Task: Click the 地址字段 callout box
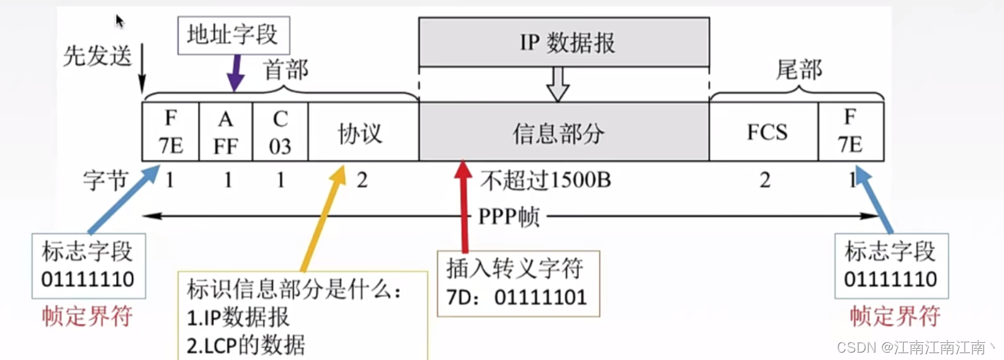(233, 35)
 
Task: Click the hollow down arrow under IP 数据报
(557, 84)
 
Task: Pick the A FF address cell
(225, 132)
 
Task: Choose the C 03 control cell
(280, 132)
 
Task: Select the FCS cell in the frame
(766, 133)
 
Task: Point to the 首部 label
(286, 70)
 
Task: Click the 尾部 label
(799, 69)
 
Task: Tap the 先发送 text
(97, 56)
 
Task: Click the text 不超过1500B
(546, 180)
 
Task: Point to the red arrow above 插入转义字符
(464, 205)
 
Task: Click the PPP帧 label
(509, 217)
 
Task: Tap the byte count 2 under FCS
(765, 180)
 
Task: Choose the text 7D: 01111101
(517, 297)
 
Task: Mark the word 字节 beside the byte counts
(105, 181)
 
